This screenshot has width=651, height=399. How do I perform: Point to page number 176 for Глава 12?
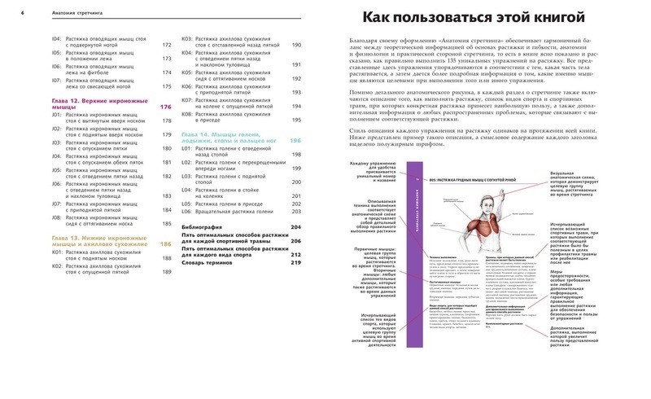166,107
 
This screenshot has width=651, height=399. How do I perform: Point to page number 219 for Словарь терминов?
295,262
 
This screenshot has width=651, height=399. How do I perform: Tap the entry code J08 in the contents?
56,217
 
